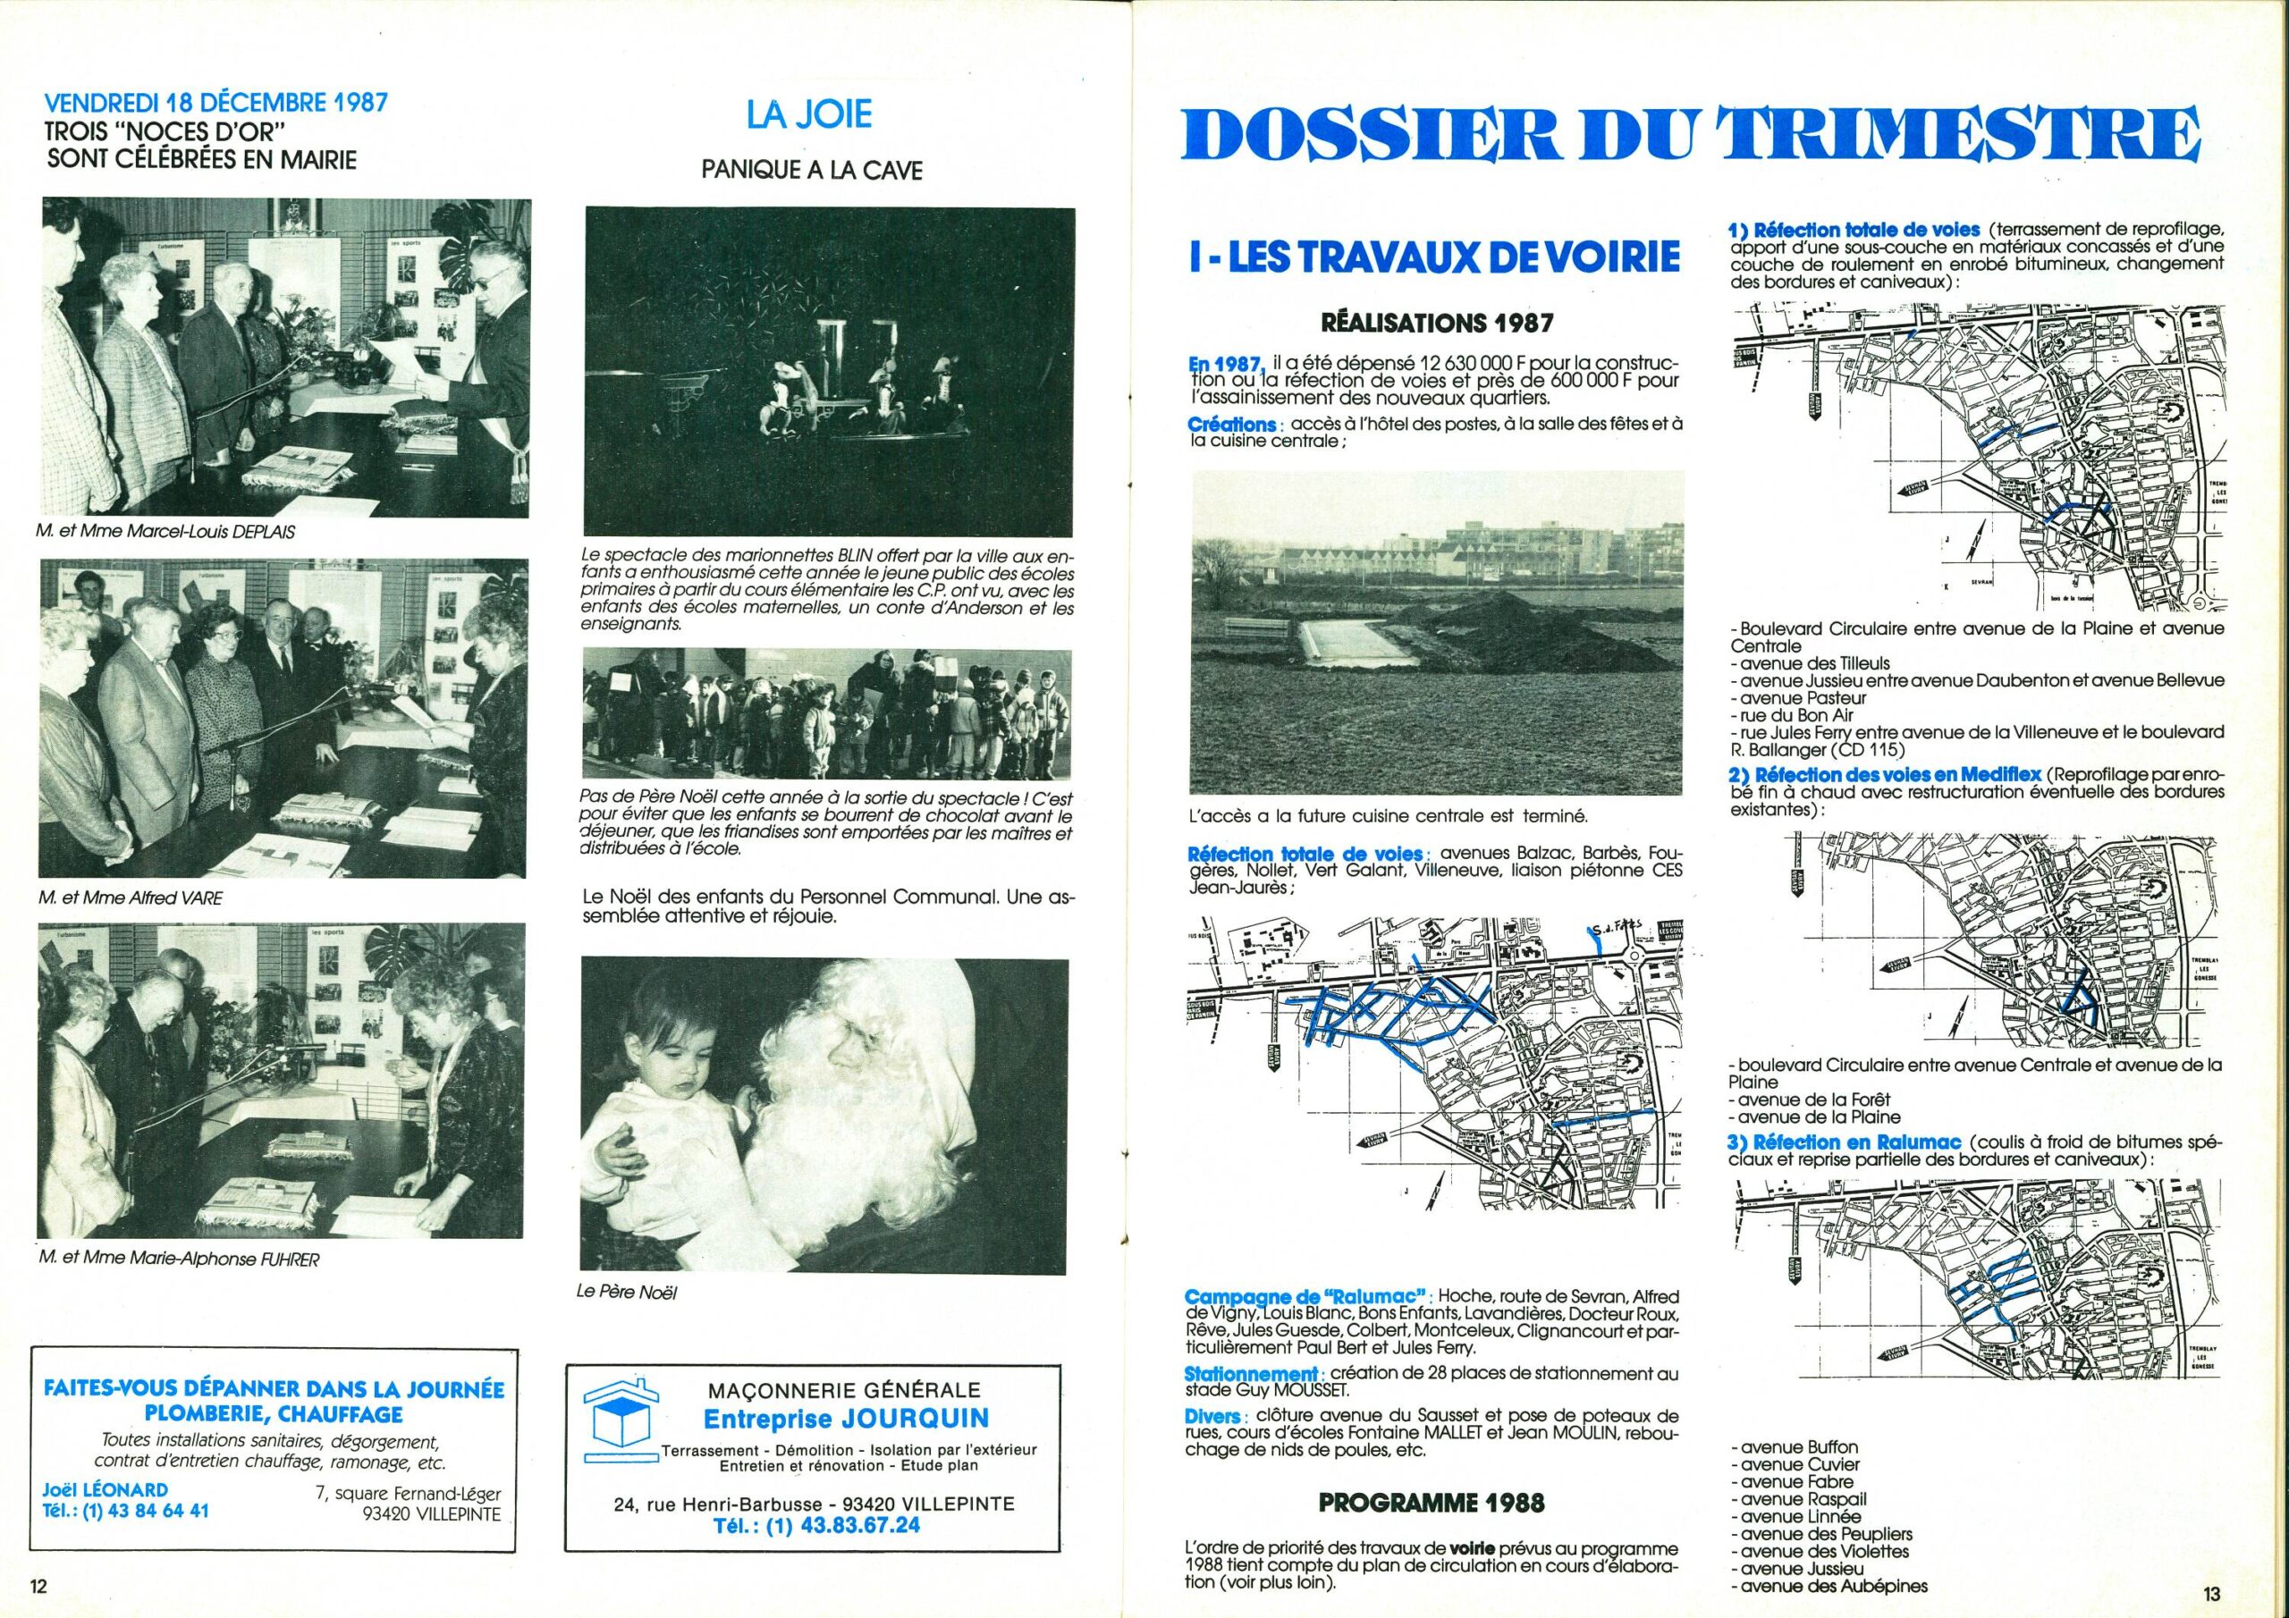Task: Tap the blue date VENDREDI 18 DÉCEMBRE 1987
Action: point(216,103)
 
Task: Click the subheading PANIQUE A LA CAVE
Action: point(812,171)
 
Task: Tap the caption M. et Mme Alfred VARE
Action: point(131,898)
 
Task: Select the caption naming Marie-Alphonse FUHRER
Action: point(180,1260)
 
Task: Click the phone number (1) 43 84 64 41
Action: point(125,1511)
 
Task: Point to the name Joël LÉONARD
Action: point(105,1489)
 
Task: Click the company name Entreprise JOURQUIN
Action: point(847,1418)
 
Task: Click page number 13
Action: point(2212,1594)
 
